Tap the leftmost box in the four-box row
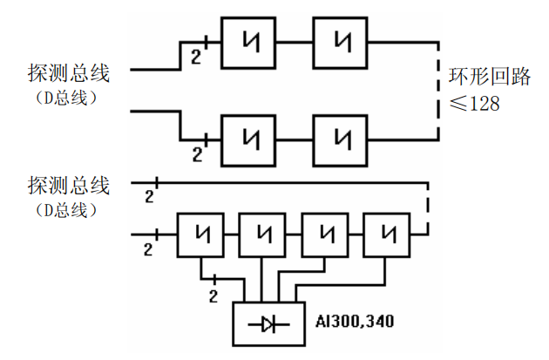click(x=203, y=234)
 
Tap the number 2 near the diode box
click(x=213, y=296)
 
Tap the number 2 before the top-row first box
click(x=196, y=58)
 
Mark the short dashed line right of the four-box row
click(x=428, y=208)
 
